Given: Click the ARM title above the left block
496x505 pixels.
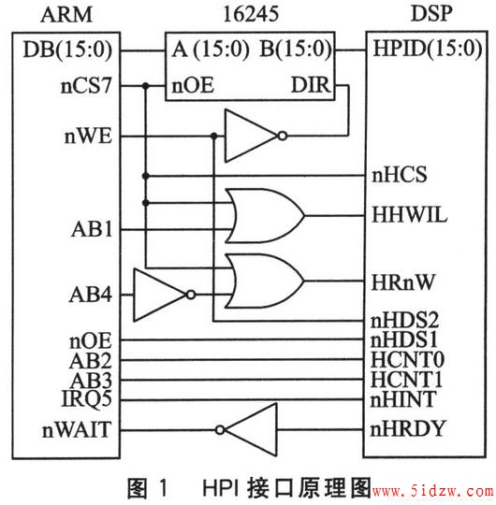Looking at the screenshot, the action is point(66,15).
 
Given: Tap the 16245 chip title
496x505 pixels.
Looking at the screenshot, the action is point(251,14).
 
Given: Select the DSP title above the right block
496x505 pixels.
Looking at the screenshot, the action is point(431,13).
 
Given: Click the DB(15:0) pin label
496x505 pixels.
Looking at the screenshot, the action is point(67,50).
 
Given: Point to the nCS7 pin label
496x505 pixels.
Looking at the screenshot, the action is point(86,86).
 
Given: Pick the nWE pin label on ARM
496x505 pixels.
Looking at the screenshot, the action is point(88,137).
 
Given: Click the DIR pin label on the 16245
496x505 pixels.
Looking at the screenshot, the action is point(311,85).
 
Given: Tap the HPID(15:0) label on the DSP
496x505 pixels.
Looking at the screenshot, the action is point(427,49).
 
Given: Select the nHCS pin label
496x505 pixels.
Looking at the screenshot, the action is point(400,175).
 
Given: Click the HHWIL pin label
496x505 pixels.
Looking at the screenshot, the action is point(409,215).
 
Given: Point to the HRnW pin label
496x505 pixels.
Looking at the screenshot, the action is point(403,282).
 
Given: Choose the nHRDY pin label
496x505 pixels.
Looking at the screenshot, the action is point(407,429).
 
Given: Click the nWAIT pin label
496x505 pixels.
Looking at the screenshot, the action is point(77,430).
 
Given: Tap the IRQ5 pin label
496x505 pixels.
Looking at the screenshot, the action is point(86,399).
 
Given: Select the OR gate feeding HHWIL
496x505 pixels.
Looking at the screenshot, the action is point(265,216).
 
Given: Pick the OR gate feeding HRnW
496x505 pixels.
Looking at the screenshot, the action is point(265,281).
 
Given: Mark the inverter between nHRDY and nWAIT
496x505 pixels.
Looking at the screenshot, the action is point(246,429).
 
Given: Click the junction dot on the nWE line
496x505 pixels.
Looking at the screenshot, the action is point(214,137).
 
